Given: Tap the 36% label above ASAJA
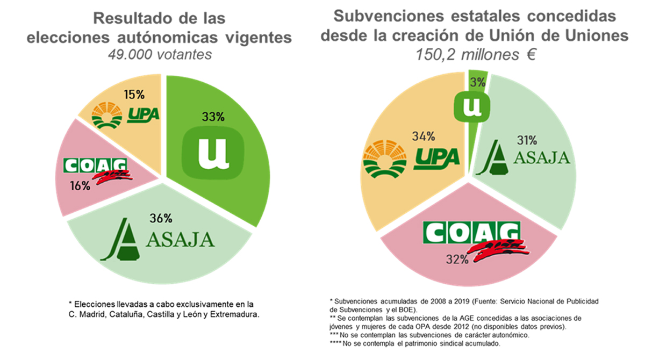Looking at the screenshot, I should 161,218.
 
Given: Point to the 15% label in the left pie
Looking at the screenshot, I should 134,95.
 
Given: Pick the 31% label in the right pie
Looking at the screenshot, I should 526,141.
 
